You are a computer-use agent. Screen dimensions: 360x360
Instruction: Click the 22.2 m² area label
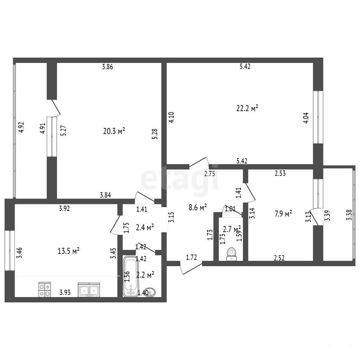point(247,108)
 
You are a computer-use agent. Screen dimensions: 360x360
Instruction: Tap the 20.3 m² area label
point(114,131)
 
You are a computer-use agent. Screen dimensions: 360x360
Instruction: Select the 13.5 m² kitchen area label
point(69,251)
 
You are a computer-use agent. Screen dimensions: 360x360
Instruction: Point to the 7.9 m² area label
point(283,214)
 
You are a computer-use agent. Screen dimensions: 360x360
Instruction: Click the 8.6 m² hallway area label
point(198,207)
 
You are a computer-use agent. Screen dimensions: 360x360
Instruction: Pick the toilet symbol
point(232,254)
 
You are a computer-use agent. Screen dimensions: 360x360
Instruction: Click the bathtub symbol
point(131,276)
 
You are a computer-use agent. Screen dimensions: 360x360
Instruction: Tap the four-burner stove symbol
point(45,290)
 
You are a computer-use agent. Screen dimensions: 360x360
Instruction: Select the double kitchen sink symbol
point(89,290)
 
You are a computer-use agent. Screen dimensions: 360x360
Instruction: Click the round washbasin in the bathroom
point(150,292)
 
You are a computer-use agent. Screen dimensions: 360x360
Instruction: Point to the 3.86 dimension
point(108,67)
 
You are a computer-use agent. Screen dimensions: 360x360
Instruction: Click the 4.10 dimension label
point(171,117)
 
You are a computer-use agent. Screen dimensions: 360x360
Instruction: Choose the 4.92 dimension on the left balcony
point(21,127)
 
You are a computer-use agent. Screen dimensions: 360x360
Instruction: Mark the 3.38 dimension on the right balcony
point(349,215)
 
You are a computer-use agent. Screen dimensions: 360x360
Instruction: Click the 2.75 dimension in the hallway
point(210,174)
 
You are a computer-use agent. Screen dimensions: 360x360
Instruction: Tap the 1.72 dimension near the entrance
point(191,257)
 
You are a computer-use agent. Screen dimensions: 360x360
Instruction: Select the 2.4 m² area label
point(144,227)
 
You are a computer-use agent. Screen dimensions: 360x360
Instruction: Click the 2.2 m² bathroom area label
point(145,275)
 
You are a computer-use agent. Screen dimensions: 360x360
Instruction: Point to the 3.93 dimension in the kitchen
point(65,292)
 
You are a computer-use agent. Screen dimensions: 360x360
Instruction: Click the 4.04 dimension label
point(306,118)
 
